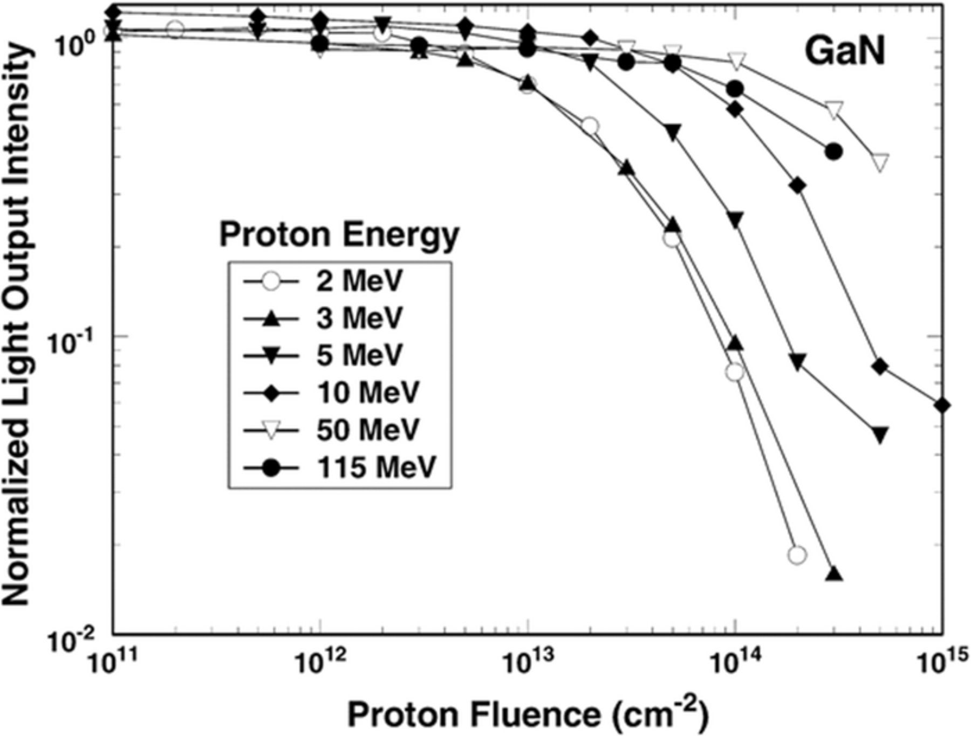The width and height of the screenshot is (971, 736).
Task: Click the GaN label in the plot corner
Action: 845,52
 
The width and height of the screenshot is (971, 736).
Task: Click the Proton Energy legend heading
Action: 339,235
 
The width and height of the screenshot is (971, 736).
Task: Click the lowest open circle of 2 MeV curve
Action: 797,555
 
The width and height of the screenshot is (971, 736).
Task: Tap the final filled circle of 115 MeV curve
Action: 833,152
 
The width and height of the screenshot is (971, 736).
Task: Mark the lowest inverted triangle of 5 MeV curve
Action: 880,435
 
